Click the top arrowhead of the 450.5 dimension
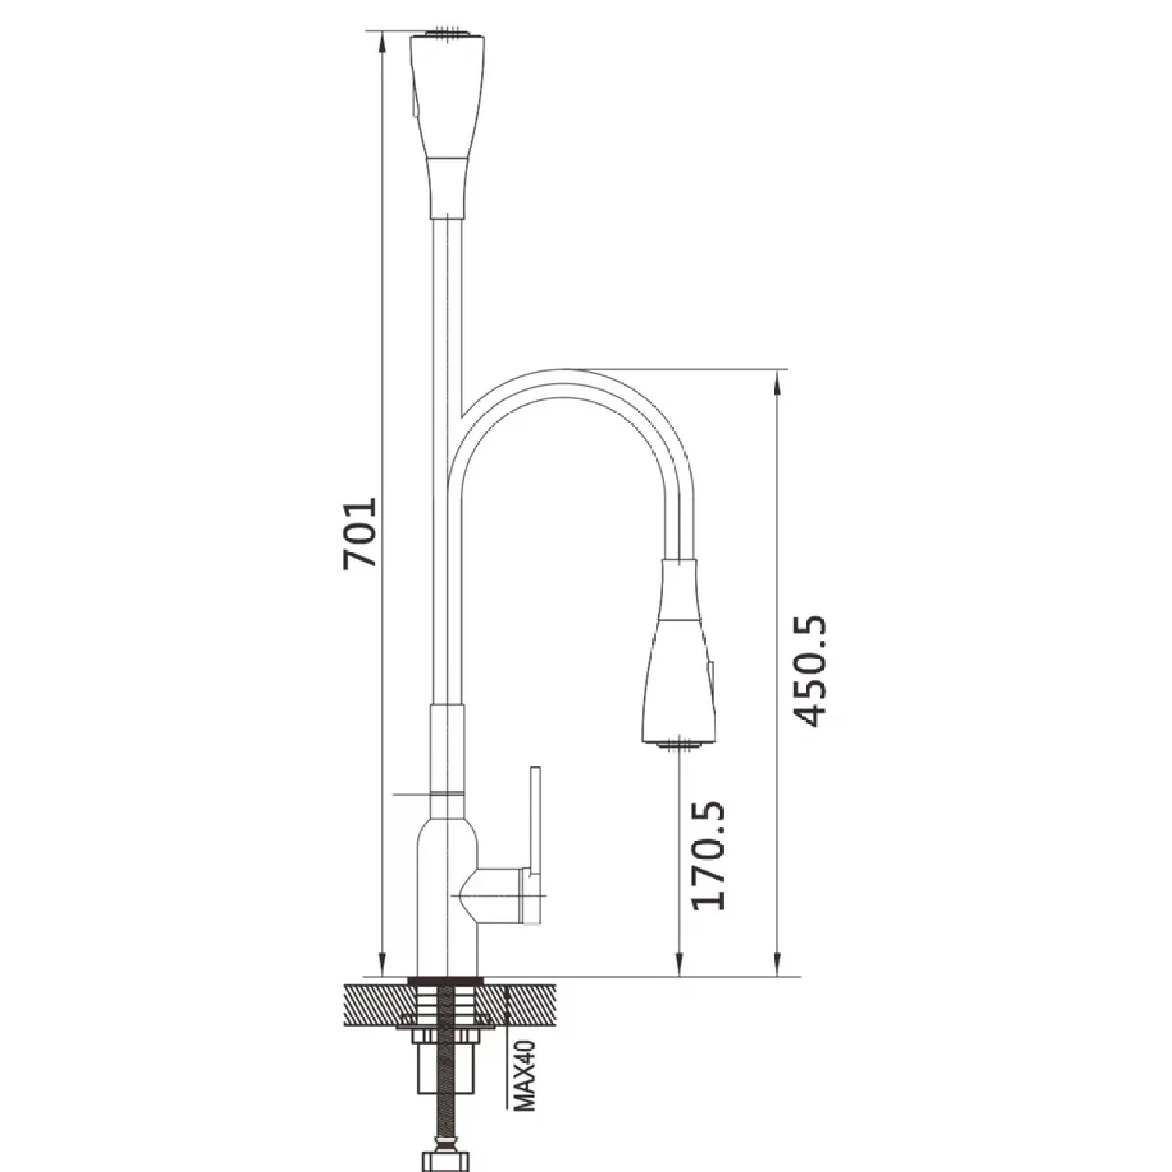pos(777,380)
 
